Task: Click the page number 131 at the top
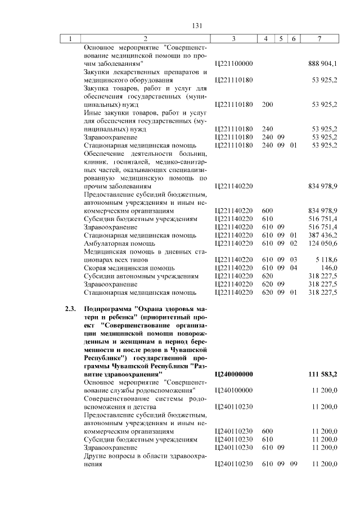197,25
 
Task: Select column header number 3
233,39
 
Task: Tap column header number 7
319,39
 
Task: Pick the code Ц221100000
234,64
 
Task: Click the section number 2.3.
69,309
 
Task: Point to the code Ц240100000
234,390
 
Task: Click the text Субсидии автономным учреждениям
141,276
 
